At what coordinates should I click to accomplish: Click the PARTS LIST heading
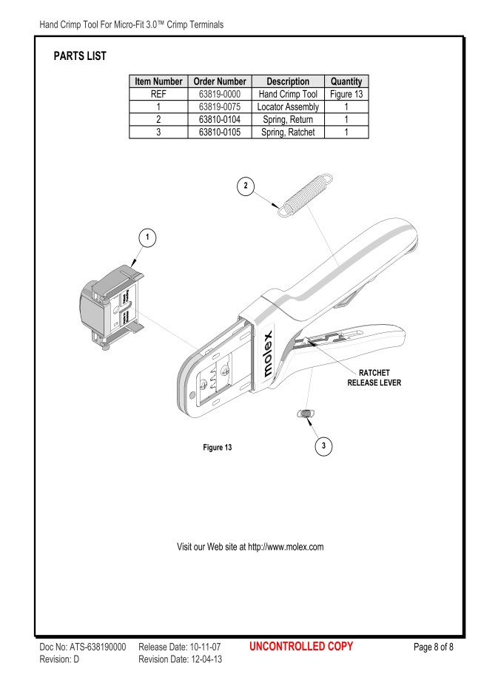80,56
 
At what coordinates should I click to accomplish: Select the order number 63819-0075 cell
220,107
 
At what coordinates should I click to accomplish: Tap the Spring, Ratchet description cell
288,132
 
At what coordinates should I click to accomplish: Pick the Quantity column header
346,81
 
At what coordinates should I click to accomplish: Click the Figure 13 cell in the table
346,94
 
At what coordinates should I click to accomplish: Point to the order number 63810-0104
220,120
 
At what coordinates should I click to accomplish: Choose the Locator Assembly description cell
288,107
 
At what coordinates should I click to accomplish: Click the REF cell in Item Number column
158,94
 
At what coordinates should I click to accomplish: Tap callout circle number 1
147,238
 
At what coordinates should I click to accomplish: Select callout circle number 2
246,186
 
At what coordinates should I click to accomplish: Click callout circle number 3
323,446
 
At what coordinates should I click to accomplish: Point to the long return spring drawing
306,195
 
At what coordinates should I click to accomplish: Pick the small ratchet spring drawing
306,414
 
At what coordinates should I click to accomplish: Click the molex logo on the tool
268,354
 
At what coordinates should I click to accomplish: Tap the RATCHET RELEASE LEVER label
374,377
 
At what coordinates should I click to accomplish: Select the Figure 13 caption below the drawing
218,447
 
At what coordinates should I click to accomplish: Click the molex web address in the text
286,547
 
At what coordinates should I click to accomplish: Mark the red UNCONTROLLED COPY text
301,646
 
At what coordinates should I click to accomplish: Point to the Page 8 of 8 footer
434,647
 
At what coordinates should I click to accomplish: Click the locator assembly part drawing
112,307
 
